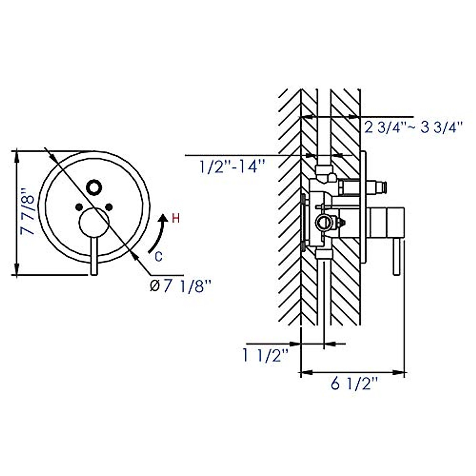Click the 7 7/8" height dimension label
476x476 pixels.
coord(27,212)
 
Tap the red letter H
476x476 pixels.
coord(176,219)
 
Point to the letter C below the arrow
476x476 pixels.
coord(159,257)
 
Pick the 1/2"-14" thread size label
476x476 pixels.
coord(232,166)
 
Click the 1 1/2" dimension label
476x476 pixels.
coord(265,356)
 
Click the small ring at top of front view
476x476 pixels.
coord(94,188)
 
